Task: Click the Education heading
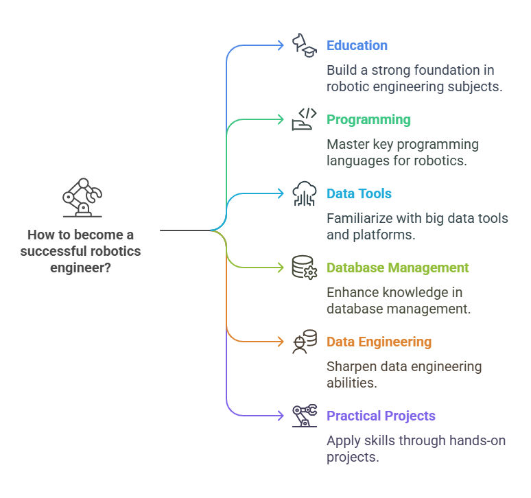pyautogui.click(x=357, y=45)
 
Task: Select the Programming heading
pyautogui.click(x=368, y=120)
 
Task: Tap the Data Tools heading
pyautogui.click(x=359, y=193)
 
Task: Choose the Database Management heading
pyautogui.click(x=398, y=268)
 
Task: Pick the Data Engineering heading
pyautogui.click(x=379, y=342)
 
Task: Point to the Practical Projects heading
pyautogui.click(x=381, y=416)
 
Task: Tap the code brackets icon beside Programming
pyautogui.click(x=305, y=119)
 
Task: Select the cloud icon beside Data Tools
pyautogui.click(x=305, y=193)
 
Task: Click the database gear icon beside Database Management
pyautogui.click(x=305, y=268)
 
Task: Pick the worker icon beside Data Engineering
pyautogui.click(x=305, y=342)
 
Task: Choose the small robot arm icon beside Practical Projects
pyautogui.click(x=305, y=416)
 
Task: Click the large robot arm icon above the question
pyautogui.click(x=82, y=198)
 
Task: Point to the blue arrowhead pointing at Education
pyautogui.click(x=281, y=45)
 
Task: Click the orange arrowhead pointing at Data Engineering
pyautogui.click(x=281, y=342)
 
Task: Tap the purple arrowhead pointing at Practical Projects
pyautogui.click(x=281, y=416)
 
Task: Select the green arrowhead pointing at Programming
pyautogui.click(x=281, y=119)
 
